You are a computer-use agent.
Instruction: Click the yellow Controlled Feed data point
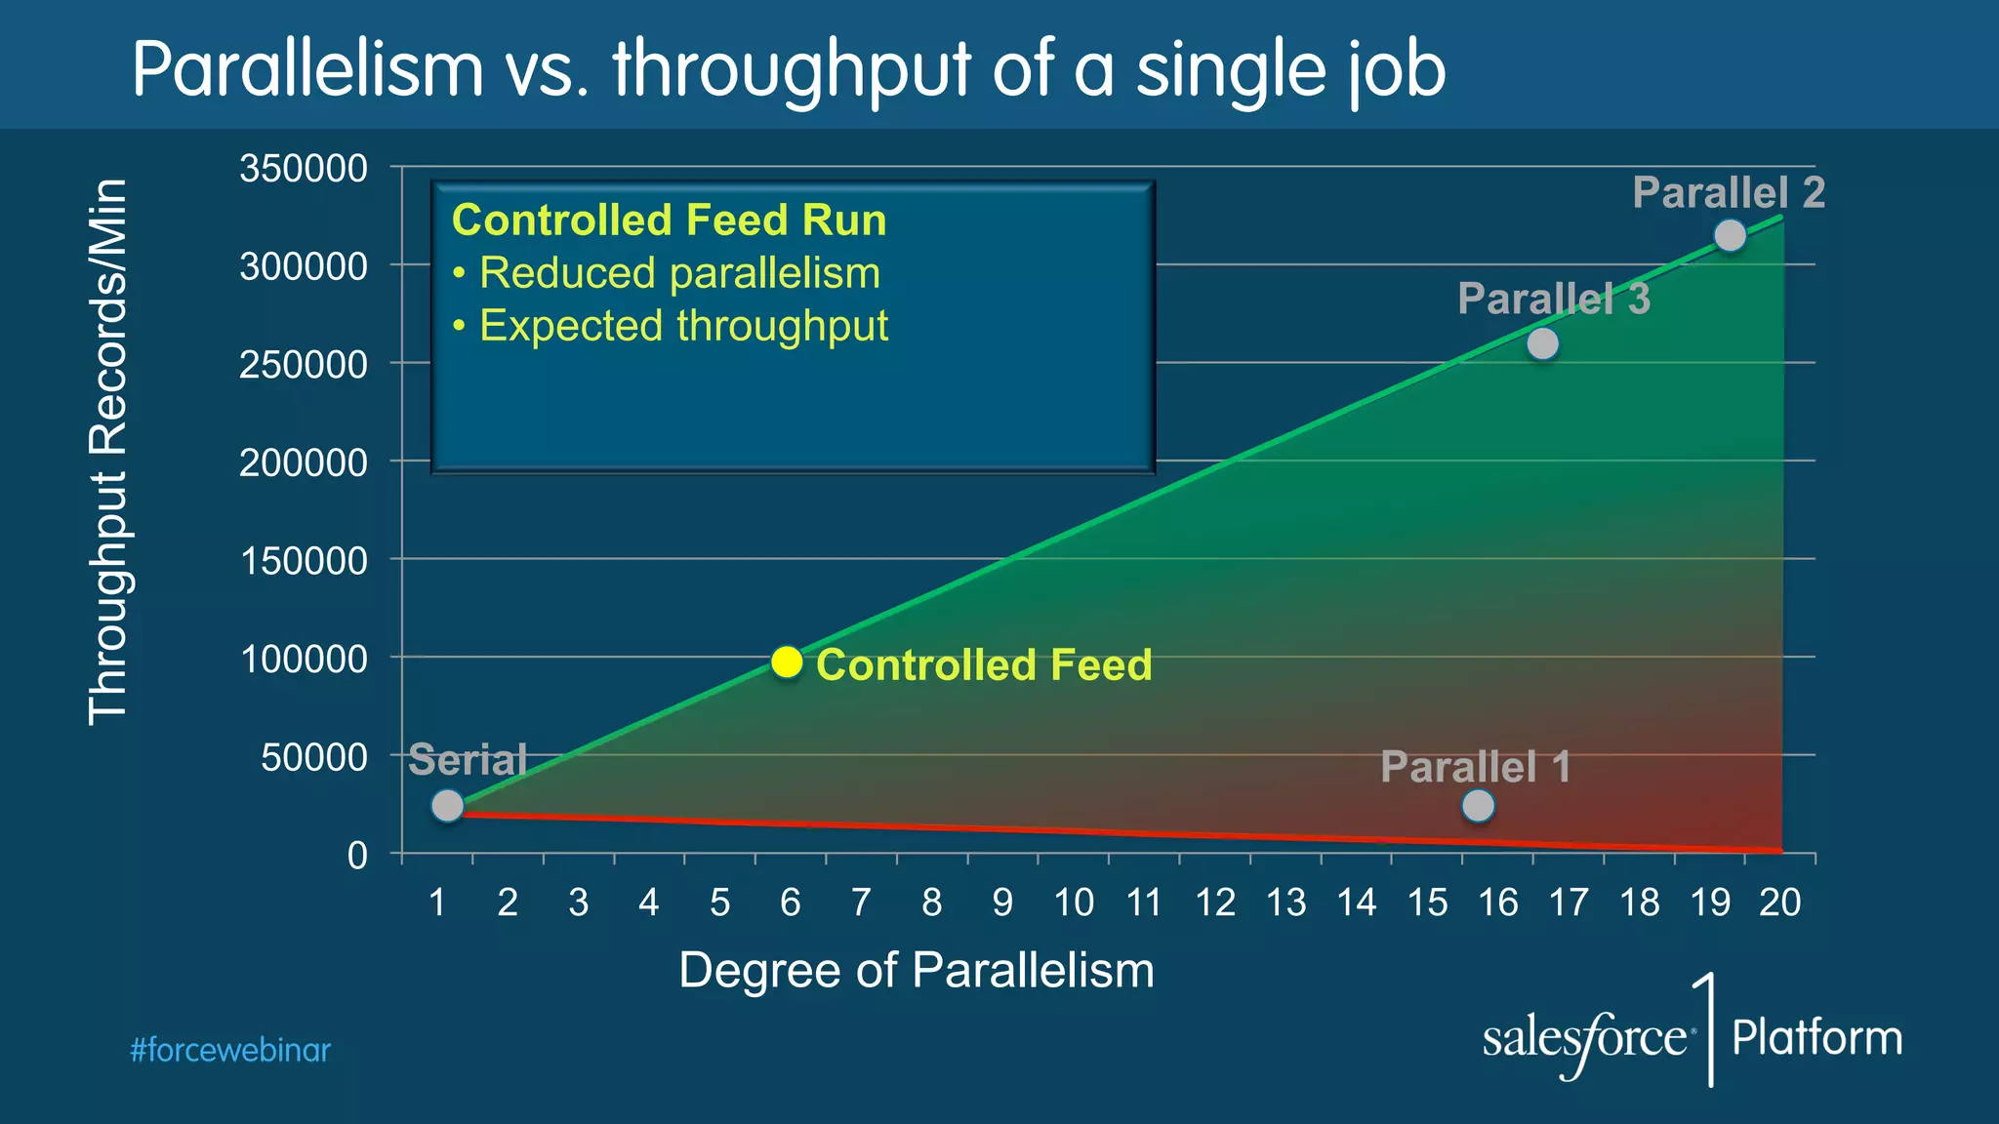pyautogui.click(x=787, y=662)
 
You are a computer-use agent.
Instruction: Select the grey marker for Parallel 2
pyautogui.click(x=1730, y=235)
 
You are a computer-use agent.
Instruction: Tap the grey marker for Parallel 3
pyautogui.click(x=1542, y=343)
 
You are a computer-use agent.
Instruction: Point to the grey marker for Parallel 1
pyautogui.click(x=1478, y=805)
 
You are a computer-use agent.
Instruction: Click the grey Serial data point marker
pyautogui.click(x=447, y=805)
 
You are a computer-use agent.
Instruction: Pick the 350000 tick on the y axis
pyautogui.click(x=304, y=169)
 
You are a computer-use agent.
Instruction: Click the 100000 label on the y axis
pyautogui.click(x=304, y=660)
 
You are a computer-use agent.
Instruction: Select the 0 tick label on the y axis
pyautogui.click(x=357, y=856)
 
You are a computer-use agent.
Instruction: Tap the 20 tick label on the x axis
pyautogui.click(x=1779, y=903)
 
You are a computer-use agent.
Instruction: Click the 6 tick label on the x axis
pyautogui.click(x=790, y=903)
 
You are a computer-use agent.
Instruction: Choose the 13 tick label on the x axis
pyautogui.click(x=1285, y=903)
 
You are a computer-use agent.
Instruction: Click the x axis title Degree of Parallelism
pyautogui.click(x=916, y=971)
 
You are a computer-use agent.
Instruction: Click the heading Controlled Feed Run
pyautogui.click(x=669, y=221)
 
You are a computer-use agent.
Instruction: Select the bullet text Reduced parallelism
pyautogui.click(x=679, y=273)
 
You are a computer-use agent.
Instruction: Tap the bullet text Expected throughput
pyautogui.click(x=683, y=326)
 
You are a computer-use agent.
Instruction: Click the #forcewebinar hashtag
pyautogui.click(x=230, y=1051)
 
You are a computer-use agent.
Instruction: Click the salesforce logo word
pyautogui.click(x=1585, y=1039)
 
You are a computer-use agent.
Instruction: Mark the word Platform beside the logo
pyautogui.click(x=1816, y=1037)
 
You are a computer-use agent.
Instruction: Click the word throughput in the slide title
pyautogui.click(x=791, y=70)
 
